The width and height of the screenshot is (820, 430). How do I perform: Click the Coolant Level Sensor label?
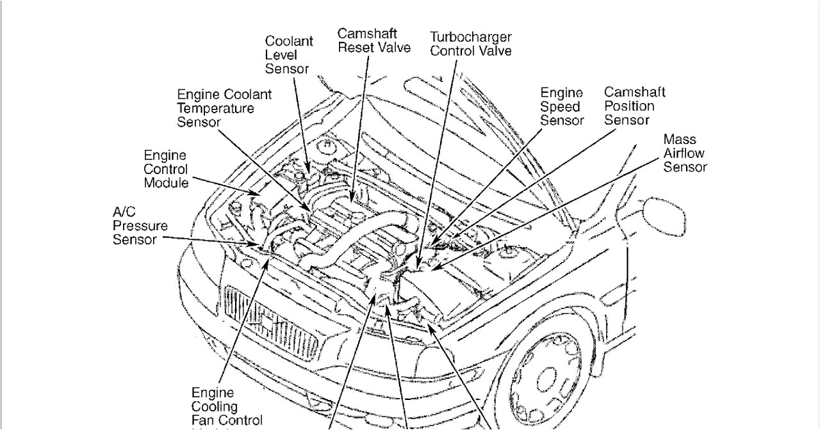point(289,55)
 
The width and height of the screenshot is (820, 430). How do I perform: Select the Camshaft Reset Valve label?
point(374,40)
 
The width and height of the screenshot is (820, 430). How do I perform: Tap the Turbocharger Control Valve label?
point(470,44)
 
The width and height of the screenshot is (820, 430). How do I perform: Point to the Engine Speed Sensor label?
point(562,106)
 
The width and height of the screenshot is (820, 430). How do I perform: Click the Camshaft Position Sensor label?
point(634,106)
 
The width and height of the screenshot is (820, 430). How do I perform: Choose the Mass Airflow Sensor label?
point(685,153)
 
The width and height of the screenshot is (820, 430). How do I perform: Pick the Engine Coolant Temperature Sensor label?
point(224,108)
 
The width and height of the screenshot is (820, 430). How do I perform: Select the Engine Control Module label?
point(165,169)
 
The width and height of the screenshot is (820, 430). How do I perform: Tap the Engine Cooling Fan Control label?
point(226,407)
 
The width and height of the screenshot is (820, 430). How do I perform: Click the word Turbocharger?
point(470,37)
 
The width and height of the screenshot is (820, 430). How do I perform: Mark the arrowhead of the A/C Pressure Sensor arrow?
point(257,243)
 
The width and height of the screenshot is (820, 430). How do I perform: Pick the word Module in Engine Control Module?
point(165,182)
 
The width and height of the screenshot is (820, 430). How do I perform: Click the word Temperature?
point(215,108)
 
